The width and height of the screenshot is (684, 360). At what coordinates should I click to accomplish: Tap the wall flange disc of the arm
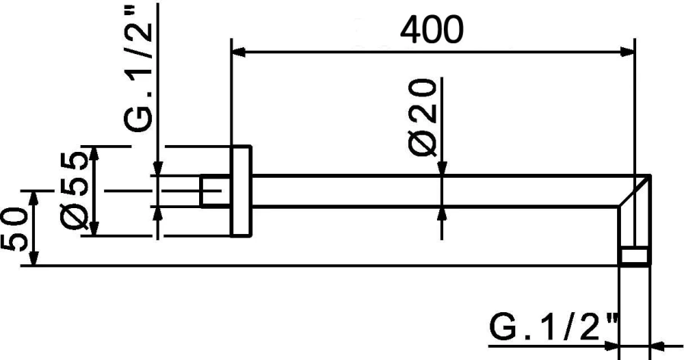(242, 191)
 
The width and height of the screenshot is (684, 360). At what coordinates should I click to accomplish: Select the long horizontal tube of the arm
(433, 191)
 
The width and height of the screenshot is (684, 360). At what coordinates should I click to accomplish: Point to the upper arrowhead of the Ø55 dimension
(95, 153)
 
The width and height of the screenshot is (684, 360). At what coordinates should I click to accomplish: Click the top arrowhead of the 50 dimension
(33, 198)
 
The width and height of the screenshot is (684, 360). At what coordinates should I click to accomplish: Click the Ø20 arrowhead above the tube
(443, 168)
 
